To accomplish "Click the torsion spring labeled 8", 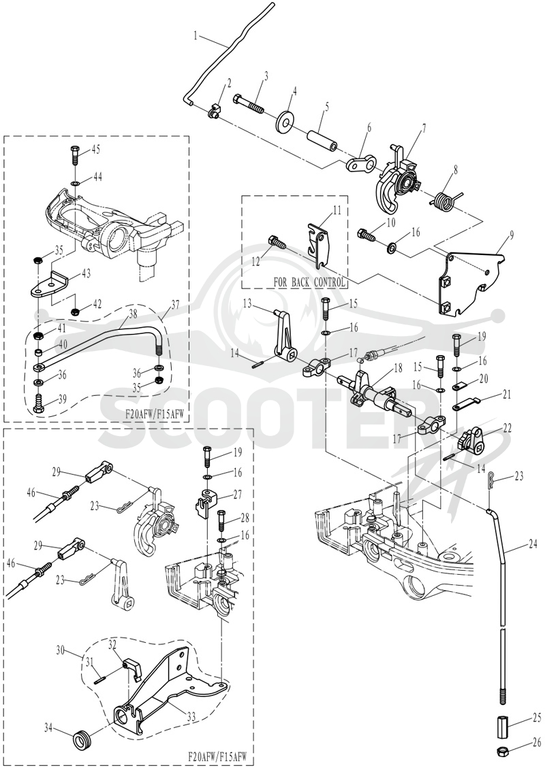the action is click(444, 199).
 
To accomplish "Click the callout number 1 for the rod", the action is click(196, 36).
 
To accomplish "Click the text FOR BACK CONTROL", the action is click(309, 282).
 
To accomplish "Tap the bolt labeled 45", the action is click(74, 156).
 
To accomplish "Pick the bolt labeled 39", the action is click(38, 401).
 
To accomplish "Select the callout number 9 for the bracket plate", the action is click(512, 235).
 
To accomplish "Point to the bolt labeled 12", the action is click(277, 243).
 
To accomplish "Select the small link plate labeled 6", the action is click(361, 163).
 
